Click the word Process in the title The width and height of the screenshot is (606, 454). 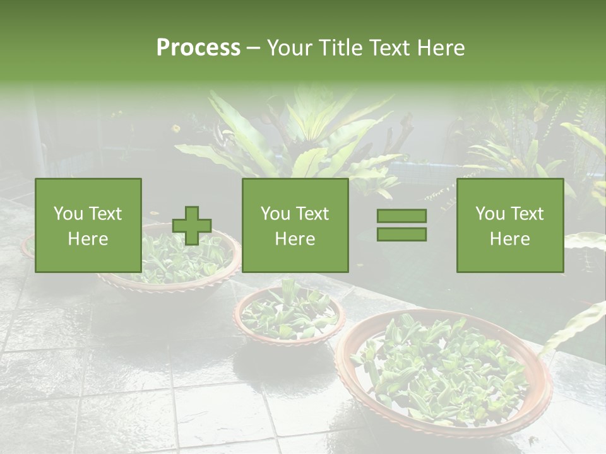pyautogui.click(x=198, y=48)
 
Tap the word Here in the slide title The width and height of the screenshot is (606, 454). pyautogui.click(x=441, y=48)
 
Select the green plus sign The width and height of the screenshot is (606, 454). pyautogui.click(x=192, y=226)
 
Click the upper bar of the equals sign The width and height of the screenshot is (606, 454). pyautogui.click(x=401, y=216)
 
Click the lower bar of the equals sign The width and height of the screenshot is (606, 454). pyautogui.click(x=401, y=234)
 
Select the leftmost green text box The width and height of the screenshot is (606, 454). pyautogui.click(x=88, y=225)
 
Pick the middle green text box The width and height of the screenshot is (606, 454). pyautogui.click(x=295, y=225)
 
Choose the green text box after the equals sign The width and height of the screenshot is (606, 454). pyautogui.click(x=509, y=225)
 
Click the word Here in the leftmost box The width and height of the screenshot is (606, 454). pyautogui.click(x=88, y=239)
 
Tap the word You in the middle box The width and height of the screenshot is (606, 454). pyautogui.click(x=275, y=214)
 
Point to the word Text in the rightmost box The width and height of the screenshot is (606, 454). pyautogui.click(x=527, y=214)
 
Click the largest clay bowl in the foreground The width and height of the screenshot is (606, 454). pyautogui.click(x=442, y=416)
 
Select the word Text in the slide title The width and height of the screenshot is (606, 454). pyautogui.click(x=389, y=48)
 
